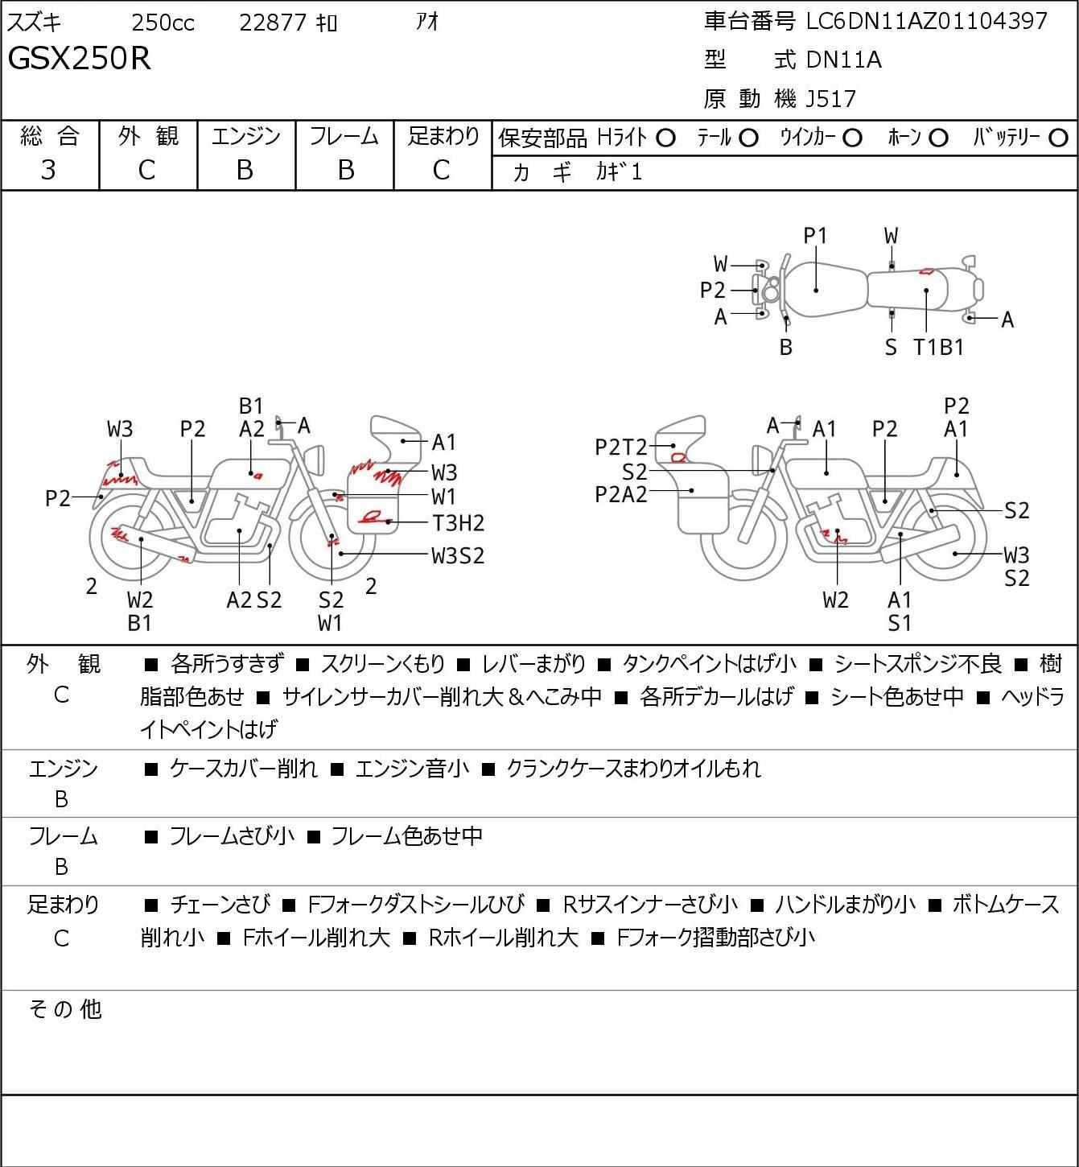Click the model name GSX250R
pyautogui.click(x=79, y=58)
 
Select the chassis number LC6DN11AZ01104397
pyautogui.click(x=926, y=21)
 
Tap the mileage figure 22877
pyautogui.click(x=273, y=23)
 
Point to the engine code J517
pyautogui.click(x=830, y=99)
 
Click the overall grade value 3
pyautogui.click(x=48, y=170)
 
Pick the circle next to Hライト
pyautogui.click(x=665, y=138)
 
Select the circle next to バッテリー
pyautogui.click(x=1058, y=138)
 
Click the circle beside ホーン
pyautogui.click(x=938, y=138)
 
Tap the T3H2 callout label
pyautogui.click(x=459, y=522)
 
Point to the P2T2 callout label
pyautogui.click(x=620, y=447)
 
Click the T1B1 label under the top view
pyautogui.click(x=938, y=347)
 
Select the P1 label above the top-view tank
pyautogui.click(x=815, y=237)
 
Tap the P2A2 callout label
pyautogui.click(x=620, y=495)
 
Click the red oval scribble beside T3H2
pyautogui.click(x=371, y=517)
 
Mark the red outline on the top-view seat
pyautogui.click(x=926, y=271)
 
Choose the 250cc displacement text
pyautogui.click(x=163, y=23)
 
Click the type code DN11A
pyautogui.click(x=843, y=60)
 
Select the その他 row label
pyautogui.click(x=65, y=1009)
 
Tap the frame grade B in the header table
pyautogui.click(x=345, y=171)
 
